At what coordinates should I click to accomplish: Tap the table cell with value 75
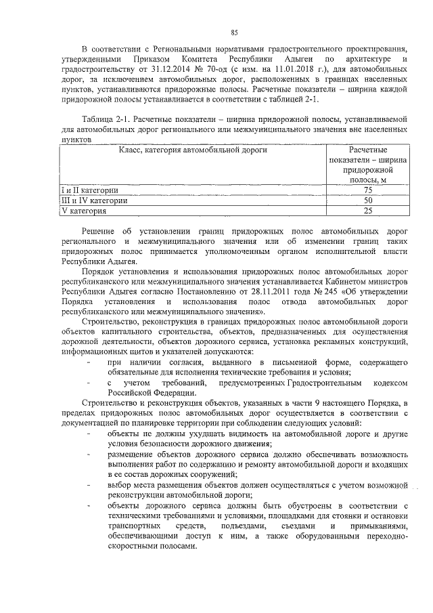pos(367,190)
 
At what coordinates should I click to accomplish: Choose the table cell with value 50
pos(367,200)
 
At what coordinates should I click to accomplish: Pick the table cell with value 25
pos(367,211)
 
